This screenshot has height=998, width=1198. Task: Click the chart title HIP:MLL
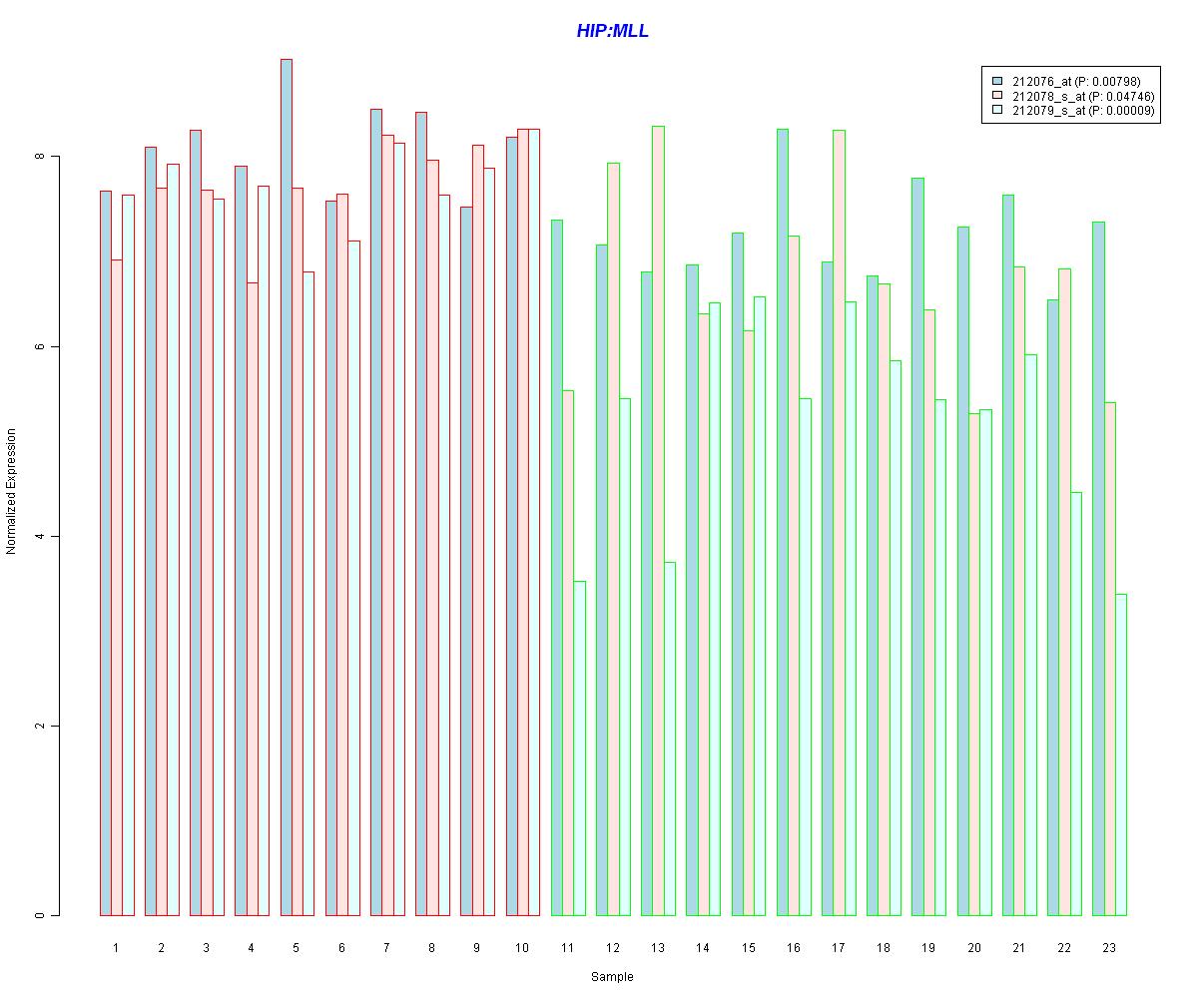(612, 31)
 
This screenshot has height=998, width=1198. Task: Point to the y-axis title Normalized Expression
(11, 491)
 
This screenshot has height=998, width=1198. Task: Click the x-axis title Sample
(612, 977)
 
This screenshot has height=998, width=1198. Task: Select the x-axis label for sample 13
(658, 947)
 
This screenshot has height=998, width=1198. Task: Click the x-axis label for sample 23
(1109, 947)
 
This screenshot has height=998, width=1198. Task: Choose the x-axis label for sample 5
(297, 947)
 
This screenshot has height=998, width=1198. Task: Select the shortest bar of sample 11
(579, 748)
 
